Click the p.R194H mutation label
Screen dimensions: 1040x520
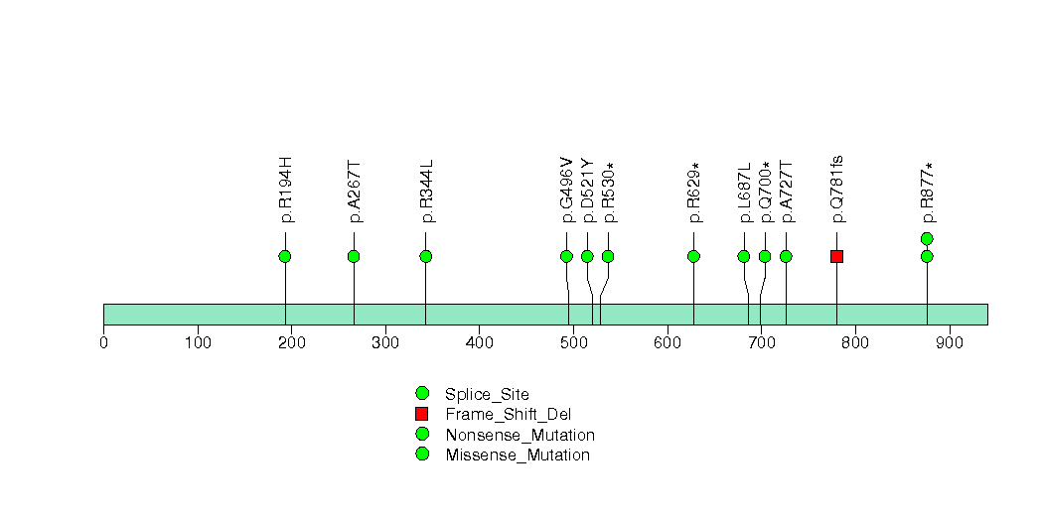tap(286, 191)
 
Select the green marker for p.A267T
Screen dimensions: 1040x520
tap(354, 256)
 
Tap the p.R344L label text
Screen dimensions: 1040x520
tap(426, 191)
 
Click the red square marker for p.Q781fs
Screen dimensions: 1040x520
tap(836, 256)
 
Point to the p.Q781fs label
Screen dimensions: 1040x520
tap(837, 190)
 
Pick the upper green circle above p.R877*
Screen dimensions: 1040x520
tap(927, 238)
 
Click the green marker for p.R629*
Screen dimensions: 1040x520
tap(693, 256)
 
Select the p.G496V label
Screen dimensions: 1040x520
tap(567, 191)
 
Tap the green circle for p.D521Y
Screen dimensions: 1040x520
tap(587, 256)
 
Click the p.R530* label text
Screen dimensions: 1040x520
tap(608, 193)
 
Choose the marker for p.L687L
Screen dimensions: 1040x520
tap(744, 256)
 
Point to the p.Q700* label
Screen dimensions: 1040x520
tap(766, 193)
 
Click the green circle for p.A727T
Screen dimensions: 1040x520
tap(786, 256)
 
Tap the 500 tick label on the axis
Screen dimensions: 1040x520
tap(574, 342)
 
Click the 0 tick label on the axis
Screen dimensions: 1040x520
tap(103, 342)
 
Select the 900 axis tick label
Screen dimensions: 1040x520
tap(950, 342)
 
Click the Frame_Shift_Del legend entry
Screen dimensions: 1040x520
tap(508, 415)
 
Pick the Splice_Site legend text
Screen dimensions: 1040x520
tap(488, 395)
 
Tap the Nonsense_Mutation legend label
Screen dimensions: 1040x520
tap(520, 436)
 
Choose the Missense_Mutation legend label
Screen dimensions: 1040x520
tap(518, 455)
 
